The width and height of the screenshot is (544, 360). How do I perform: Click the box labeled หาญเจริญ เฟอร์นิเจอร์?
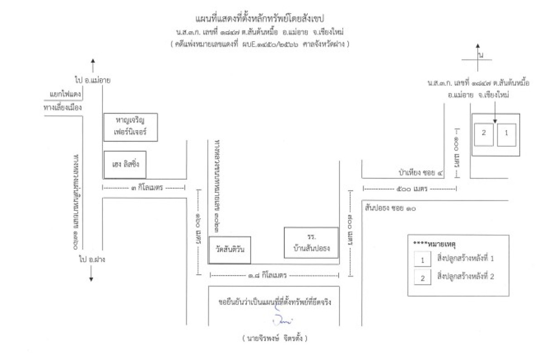point(130,127)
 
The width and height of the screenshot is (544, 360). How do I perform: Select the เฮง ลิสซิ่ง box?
point(125,165)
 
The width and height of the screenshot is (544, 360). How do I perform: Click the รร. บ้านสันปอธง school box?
point(311,243)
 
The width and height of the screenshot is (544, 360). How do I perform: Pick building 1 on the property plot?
point(506,133)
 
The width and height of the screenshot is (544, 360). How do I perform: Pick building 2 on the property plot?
point(484,133)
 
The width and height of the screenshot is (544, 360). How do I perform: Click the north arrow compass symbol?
point(478,57)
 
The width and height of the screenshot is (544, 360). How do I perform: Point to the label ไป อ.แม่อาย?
point(93,80)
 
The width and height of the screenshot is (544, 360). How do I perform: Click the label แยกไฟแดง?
point(63,94)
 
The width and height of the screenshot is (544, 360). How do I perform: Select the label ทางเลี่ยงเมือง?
point(62,107)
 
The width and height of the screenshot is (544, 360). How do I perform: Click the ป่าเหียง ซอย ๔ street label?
point(417,172)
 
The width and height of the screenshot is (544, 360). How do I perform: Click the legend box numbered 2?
point(422,277)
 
